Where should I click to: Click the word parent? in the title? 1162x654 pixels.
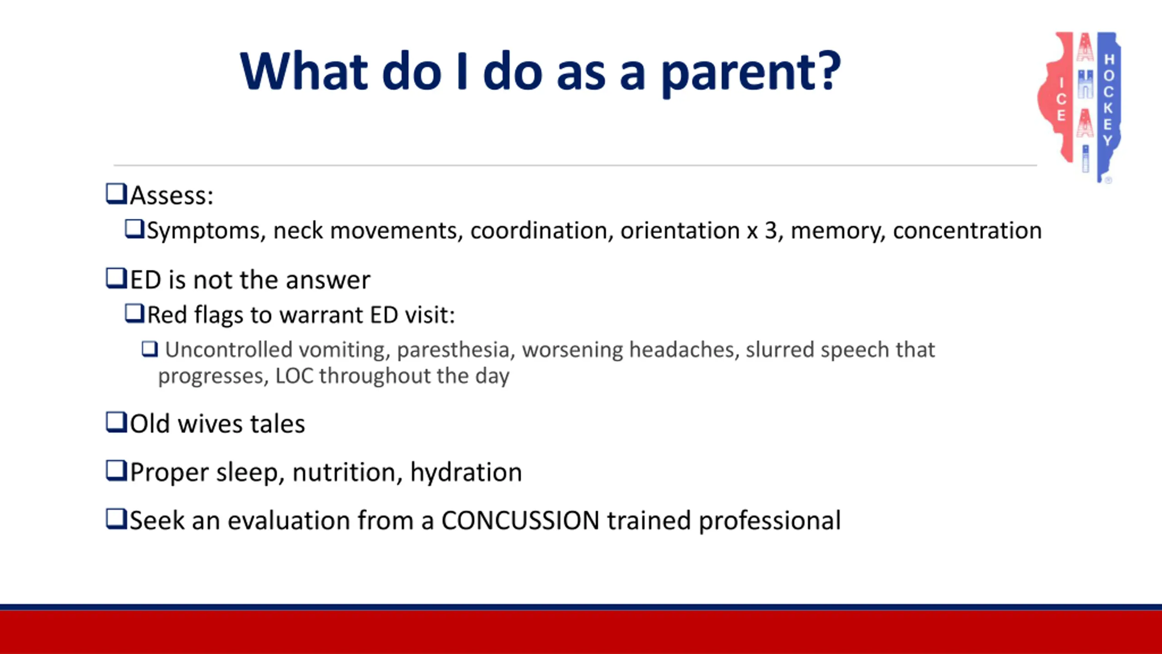click(751, 73)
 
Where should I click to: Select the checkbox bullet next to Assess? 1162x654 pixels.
click(116, 194)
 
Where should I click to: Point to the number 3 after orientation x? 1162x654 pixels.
click(771, 231)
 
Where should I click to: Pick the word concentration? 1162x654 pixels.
click(967, 231)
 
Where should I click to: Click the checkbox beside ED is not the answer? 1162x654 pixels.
click(116, 278)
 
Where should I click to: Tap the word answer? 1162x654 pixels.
click(328, 280)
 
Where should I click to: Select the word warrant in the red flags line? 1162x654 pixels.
click(320, 315)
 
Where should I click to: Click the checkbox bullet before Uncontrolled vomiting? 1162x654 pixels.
click(150, 349)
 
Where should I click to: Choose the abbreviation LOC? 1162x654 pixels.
click(294, 376)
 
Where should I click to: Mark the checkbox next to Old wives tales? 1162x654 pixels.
click(116, 422)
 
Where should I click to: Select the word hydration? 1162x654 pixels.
click(466, 473)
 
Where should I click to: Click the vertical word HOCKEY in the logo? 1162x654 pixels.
click(1108, 100)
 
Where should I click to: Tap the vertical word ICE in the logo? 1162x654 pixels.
click(1061, 99)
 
